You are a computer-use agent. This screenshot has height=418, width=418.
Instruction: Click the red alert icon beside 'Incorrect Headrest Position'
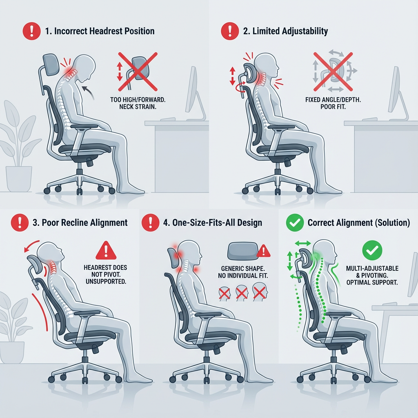tap(32, 31)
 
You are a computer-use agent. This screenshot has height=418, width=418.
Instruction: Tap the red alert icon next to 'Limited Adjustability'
tap(230, 31)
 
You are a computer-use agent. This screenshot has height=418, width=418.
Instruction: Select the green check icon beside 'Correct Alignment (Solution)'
tap(295, 222)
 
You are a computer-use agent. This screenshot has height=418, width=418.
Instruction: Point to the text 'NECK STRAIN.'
tap(138, 107)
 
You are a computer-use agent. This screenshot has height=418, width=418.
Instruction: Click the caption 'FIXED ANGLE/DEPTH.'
tap(333, 100)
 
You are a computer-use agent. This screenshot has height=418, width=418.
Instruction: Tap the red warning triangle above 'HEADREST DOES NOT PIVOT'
tap(106, 250)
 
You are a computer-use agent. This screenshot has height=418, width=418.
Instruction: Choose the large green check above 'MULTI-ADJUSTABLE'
tap(372, 250)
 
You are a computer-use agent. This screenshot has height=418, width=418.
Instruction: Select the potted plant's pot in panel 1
tap(19, 179)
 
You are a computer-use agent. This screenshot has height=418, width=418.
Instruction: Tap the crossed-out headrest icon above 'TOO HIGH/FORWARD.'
tap(138, 72)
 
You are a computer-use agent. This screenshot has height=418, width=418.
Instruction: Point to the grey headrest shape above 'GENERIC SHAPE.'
tap(242, 251)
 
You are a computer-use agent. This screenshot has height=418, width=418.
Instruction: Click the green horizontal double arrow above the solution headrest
tap(303, 243)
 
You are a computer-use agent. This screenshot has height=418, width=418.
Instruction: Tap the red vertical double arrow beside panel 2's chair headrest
tap(232, 76)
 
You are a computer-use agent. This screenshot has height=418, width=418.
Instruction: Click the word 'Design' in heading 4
tap(249, 223)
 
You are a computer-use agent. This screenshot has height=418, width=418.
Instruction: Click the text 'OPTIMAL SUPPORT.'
tap(372, 282)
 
